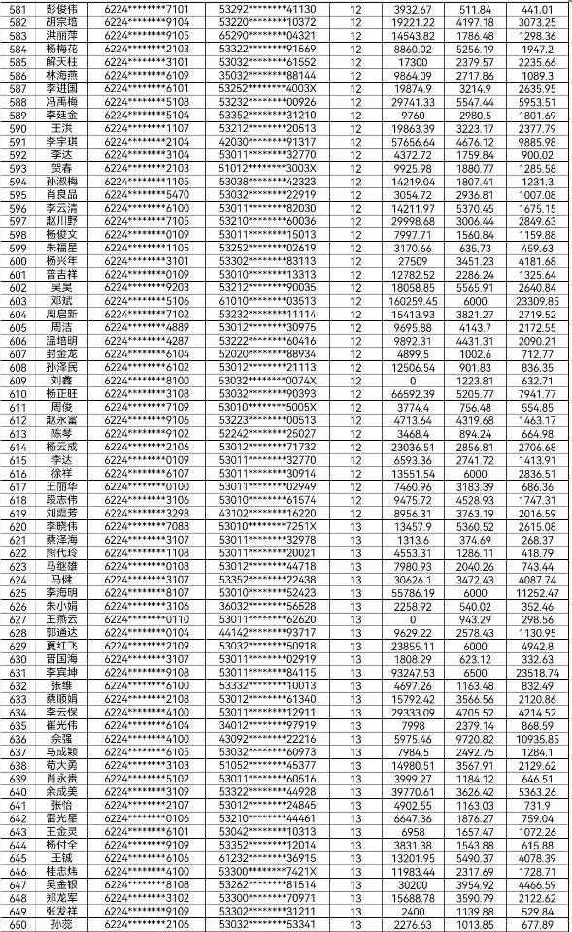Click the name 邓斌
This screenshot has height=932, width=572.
pos(63,301)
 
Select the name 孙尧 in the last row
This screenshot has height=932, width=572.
pos(63,925)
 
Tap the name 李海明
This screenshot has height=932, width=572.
pos(63,592)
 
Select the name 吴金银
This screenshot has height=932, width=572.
pos(63,885)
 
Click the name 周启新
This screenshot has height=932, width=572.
pos(63,315)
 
